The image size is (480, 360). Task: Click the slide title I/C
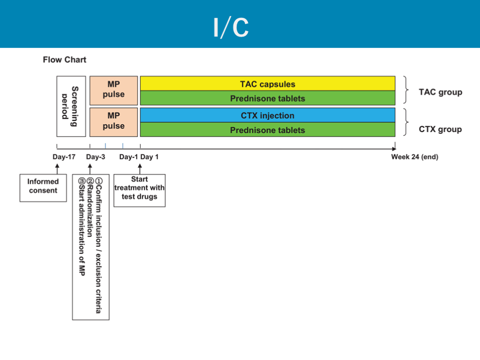(231, 28)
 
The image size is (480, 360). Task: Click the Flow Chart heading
(65, 60)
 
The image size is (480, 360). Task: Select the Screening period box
(71, 106)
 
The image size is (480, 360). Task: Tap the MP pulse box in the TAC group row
(114, 90)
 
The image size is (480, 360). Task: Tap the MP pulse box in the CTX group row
(114, 121)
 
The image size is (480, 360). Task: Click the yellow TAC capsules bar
(268, 84)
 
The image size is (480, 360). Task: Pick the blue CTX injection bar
(268, 115)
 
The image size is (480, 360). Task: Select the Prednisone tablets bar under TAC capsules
(268, 98)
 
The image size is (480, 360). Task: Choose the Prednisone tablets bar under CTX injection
(268, 130)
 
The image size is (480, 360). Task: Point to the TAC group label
(440, 92)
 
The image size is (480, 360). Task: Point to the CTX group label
(440, 129)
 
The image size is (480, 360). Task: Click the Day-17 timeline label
(64, 157)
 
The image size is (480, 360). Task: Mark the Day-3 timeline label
(96, 157)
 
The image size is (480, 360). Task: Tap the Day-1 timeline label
(128, 157)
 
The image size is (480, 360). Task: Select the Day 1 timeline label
(150, 157)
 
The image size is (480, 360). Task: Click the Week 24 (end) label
(414, 157)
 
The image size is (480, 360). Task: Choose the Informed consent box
(43, 186)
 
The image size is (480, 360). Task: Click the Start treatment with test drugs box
(139, 188)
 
